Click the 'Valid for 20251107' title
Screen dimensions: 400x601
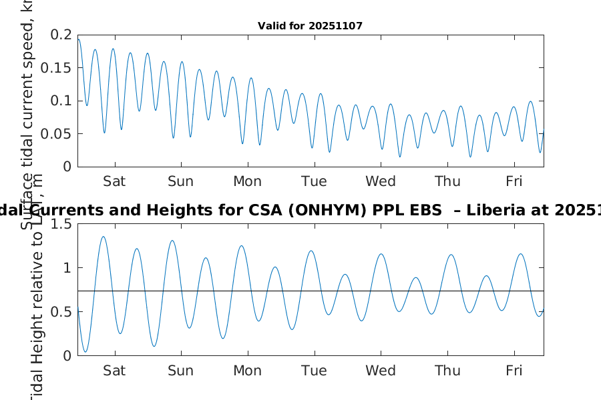point(310,26)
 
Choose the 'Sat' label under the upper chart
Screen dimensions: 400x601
point(115,181)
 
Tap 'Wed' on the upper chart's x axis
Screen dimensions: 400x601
point(381,181)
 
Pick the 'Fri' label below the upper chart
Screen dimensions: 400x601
point(514,181)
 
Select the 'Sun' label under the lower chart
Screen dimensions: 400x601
point(181,371)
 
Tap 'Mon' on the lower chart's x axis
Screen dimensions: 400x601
point(247,371)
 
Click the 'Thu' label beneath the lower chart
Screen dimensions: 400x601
point(447,371)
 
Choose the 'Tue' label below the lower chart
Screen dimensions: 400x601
point(314,371)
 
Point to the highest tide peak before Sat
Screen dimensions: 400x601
point(104,237)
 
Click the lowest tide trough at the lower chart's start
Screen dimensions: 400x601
point(85,351)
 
